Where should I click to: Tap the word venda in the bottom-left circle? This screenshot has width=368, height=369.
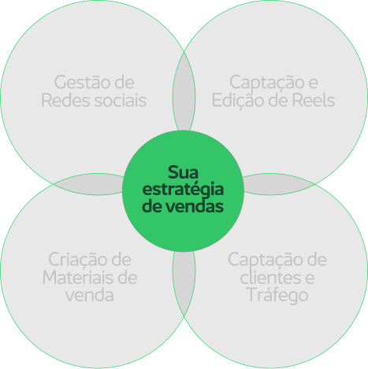(90, 296)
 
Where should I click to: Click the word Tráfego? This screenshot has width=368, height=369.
(278, 296)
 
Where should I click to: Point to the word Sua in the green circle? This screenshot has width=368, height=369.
(183, 172)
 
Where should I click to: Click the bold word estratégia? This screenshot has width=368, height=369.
(183, 190)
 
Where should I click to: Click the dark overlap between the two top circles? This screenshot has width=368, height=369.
(184, 96)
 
